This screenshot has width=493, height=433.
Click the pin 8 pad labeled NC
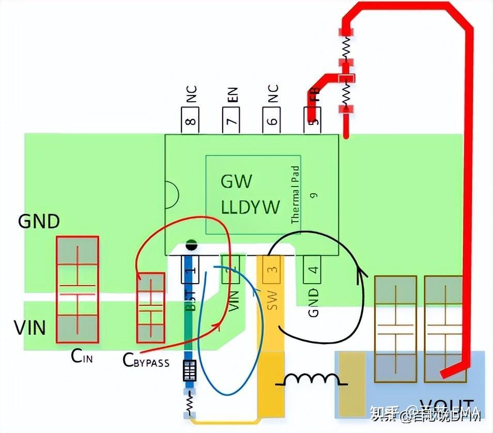pos(190,121)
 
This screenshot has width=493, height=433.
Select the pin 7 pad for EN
pos(232,121)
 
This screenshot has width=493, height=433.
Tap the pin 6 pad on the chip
pos(272,121)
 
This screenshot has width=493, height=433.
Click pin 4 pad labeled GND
pos(313,269)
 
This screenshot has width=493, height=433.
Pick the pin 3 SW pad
pos(272,269)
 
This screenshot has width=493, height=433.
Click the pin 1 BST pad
pos(191,269)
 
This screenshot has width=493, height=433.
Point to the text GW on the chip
pos(236,181)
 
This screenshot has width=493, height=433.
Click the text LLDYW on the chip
pos(250,207)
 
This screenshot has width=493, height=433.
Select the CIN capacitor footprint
pos(77,289)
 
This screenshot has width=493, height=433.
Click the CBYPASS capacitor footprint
pos(150,307)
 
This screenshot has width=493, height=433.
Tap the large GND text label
pos(39,222)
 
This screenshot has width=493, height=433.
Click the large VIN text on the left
pos(29,328)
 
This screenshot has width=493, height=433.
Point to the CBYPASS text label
pos(146,361)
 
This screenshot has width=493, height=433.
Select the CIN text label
pos(82,357)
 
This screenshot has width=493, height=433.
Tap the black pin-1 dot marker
pos(191,243)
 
